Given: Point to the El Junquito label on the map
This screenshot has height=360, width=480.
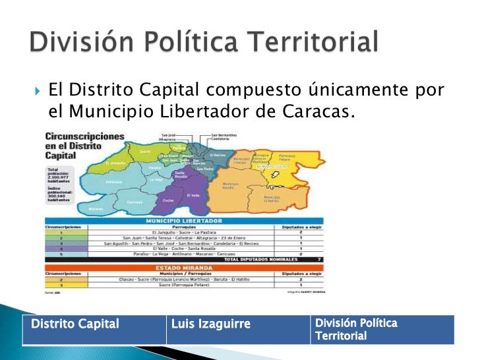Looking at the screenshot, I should tap(115, 163).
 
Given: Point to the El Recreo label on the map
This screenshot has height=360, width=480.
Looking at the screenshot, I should tap(218, 155).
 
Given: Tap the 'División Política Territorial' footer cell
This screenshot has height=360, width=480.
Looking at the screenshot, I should tap(381, 330).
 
